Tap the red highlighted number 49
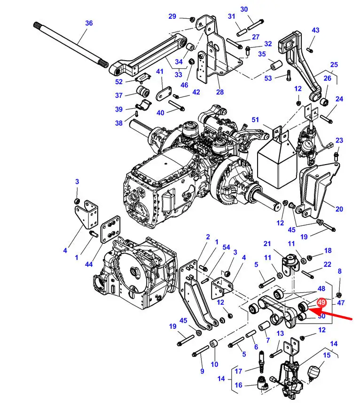coord(321,303)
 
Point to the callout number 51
coord(255,120)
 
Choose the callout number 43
coord(315,30)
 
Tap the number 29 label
coord(172,16)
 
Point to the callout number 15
coord(327,356)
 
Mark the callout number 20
coord(339,209)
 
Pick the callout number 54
coord(227,247)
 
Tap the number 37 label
coord(118,95)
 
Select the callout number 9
coord(202,371)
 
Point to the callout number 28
coord(220,92)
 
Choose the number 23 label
coord(339,140)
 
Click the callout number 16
coord(239,386)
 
